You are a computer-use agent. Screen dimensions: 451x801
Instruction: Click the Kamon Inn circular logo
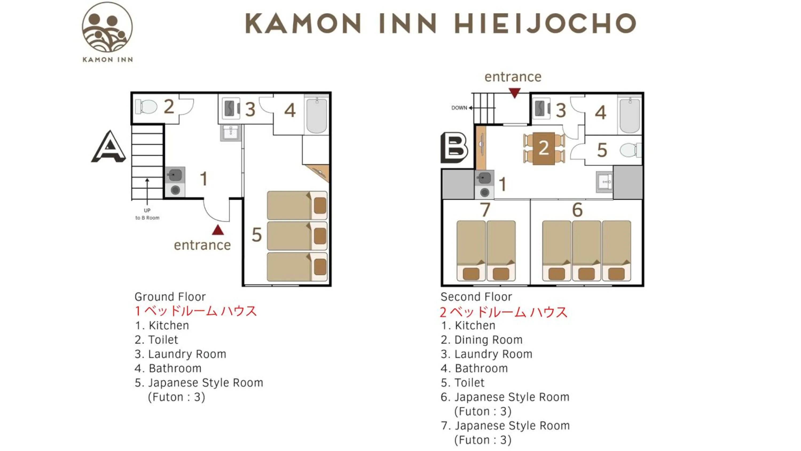tap(107, 28)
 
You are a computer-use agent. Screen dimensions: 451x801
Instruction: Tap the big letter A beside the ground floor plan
tap(108, 147)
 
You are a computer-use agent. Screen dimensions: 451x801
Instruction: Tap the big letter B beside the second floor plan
tap(454, 148)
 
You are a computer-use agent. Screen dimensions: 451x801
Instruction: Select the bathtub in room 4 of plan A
tap(317, 115)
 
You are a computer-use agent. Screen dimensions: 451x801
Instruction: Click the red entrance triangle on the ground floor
tap(218, 230)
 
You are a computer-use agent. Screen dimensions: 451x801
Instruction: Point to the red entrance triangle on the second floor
tap(515, 93)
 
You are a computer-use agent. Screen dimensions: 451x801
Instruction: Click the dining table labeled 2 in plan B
tap(544, 149)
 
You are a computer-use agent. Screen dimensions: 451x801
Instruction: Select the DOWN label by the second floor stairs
tap(459, 108)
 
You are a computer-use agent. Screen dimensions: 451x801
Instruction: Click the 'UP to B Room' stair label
tap(147, 214)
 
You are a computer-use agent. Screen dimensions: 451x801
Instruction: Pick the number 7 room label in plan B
tap(485, 209)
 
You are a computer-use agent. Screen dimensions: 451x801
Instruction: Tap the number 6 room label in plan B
tap(578, 209)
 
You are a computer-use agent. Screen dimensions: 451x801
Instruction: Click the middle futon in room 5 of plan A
tap(297, 236)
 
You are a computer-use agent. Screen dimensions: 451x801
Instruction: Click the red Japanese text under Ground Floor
tap(196, 311)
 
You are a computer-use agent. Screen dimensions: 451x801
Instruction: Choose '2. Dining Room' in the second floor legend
tap(482, 340)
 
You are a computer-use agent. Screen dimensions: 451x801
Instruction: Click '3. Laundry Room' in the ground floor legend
tap(180, 354)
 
